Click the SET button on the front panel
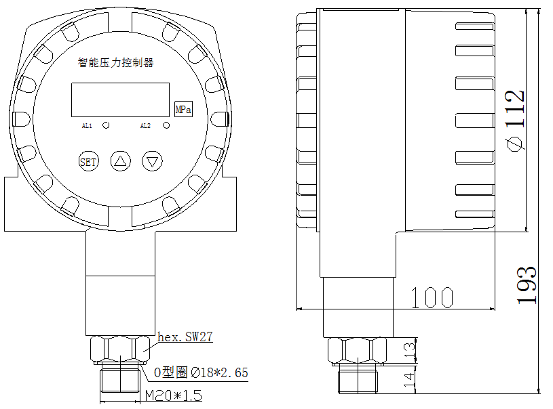tap(88, 162)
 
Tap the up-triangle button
tap(121, 162)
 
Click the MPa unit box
tap(183, 109)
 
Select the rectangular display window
tap(120, 100)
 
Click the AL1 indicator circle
tap(106, 125)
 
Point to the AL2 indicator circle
tap(166, 125)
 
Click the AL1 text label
tap(87, 126)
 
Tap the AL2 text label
tap(145, 126)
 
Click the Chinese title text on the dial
tap(116, 63)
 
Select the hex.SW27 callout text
tap(185, 337)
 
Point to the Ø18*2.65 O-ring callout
tap(202, 372)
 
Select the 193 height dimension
tap(527, 285)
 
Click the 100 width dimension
tap(432, 297)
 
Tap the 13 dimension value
tap(408, 350)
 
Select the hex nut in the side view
tap(358, 351)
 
